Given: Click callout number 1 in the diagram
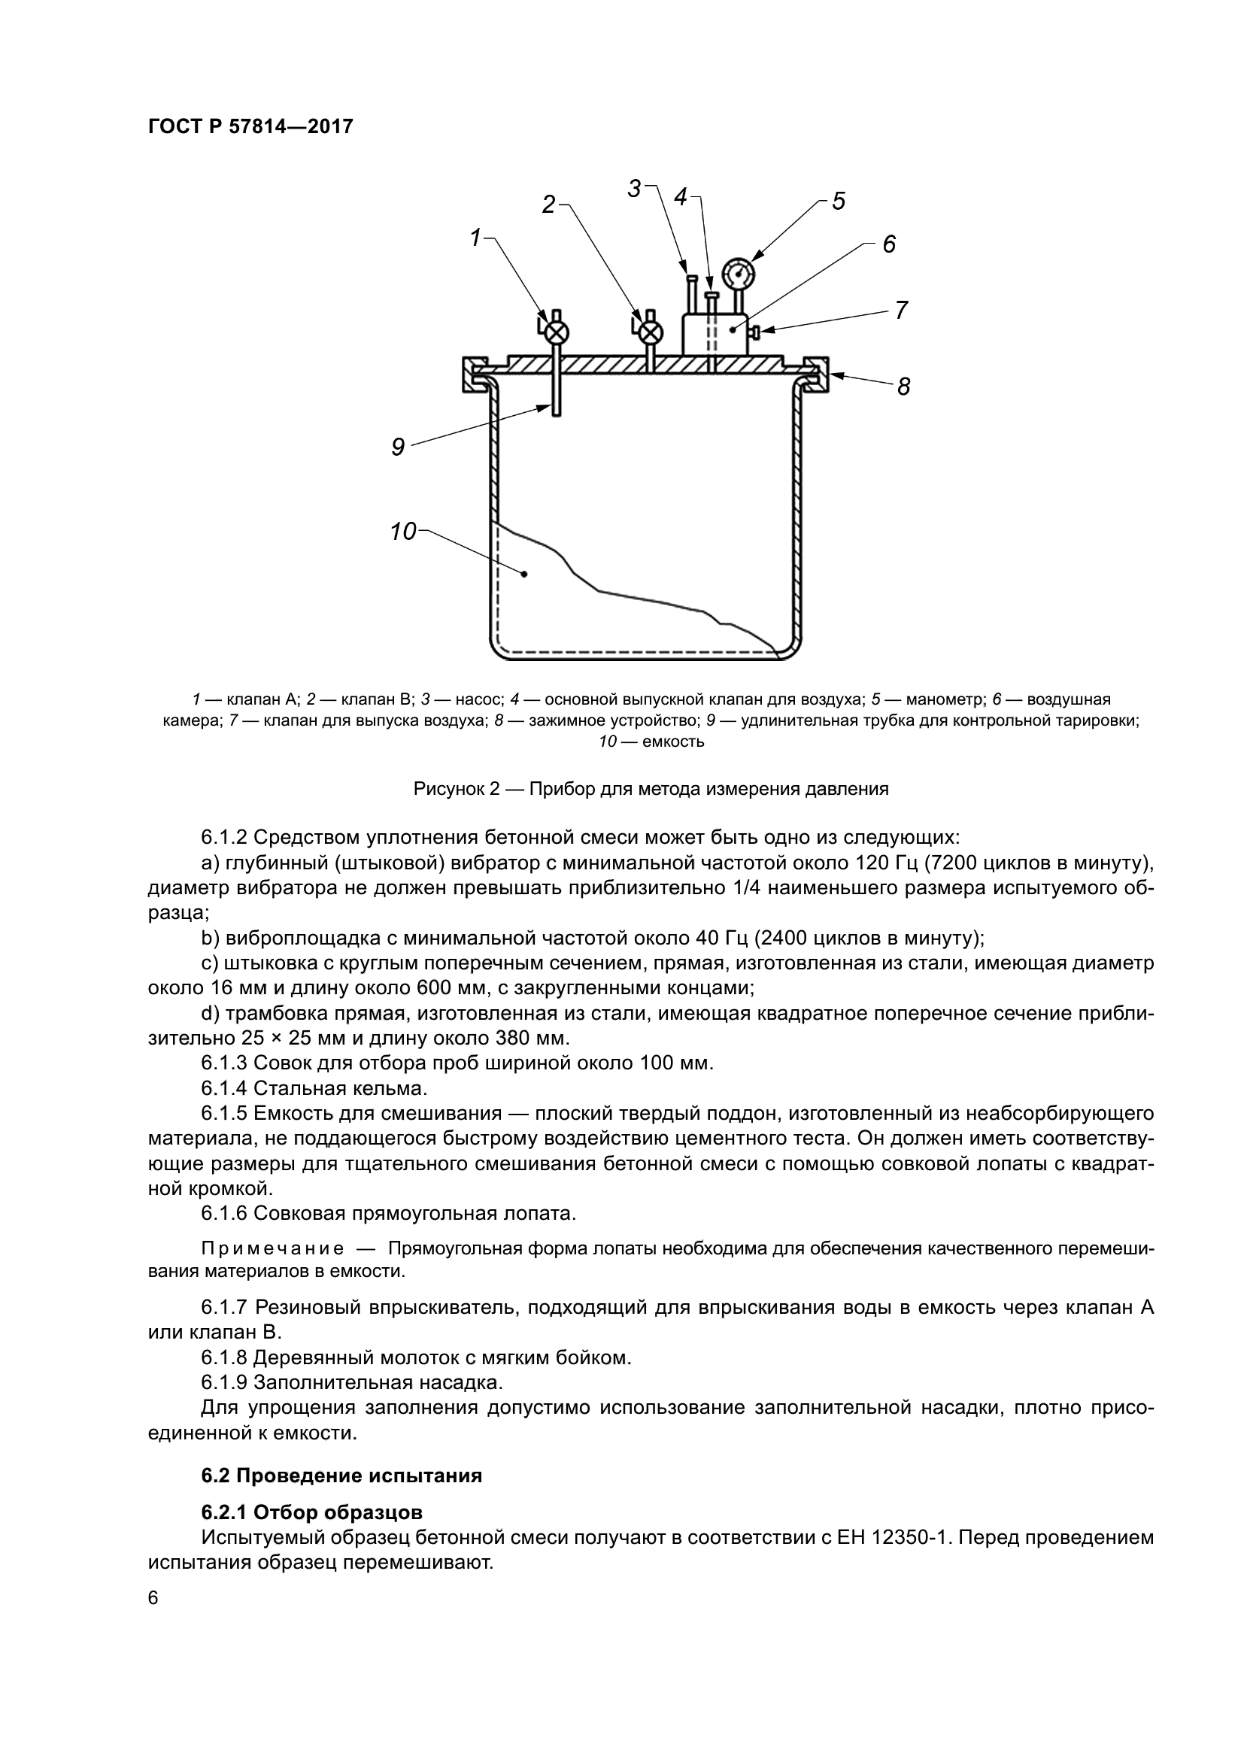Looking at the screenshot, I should [475, 238].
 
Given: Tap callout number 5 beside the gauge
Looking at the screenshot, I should [838, 202].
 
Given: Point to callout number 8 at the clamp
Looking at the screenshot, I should [904, 387].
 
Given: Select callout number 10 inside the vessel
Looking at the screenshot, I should [403, 531].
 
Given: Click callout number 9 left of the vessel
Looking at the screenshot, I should [398, 447].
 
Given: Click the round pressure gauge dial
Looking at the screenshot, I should [739, 271].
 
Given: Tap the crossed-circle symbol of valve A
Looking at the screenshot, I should [559, 332].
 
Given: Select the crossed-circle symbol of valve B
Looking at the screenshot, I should [651, 332].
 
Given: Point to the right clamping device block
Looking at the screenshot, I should [817, 374].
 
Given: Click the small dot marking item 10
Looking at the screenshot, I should [525, 574].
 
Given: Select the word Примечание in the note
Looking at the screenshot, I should [272, 1249].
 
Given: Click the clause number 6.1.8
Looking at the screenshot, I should [223, 1357].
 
